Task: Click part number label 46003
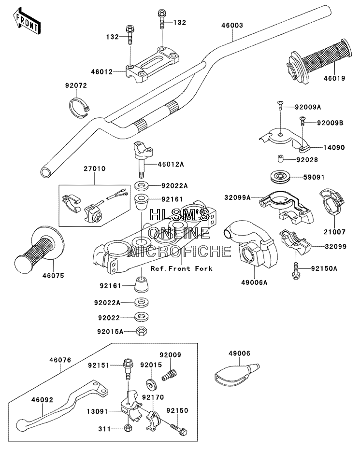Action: point(232,25)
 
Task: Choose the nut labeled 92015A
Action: point(142,332)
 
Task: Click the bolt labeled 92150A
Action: point(296,269)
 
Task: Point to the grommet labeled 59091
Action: point(280,177)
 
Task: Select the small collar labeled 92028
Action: point(281,159)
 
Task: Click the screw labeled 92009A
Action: point(280,105)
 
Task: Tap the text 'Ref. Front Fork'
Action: point(182,268)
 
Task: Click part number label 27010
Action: point(95,169)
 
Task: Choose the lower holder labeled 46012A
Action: point(143,159)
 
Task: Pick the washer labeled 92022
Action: point(142,317)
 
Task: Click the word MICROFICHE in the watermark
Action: point(180,251)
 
